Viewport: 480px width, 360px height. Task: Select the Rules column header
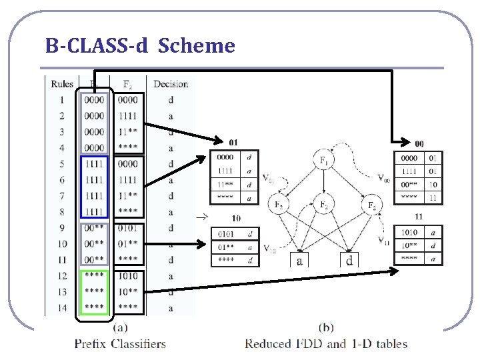coord(62,84)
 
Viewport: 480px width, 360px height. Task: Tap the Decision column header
coord(171,84)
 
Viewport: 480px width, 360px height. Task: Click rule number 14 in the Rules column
coord(62,308)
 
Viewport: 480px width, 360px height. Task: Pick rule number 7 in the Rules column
coord(62,196)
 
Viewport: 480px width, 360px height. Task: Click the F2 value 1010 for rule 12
coord(128,276)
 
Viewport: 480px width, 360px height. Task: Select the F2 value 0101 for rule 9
coord(128,228)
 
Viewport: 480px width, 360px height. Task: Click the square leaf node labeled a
coord(299,261)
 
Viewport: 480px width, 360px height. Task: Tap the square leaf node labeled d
coord(349,261)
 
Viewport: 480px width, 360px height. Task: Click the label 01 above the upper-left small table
coord(233,143)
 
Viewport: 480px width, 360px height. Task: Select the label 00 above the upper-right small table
coord(419,143)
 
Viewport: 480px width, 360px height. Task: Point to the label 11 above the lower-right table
coord(418,217)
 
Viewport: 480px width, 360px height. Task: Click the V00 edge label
coord(383,178)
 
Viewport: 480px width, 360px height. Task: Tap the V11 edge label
coord(384,241)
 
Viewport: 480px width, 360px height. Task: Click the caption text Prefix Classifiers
coord(120,344)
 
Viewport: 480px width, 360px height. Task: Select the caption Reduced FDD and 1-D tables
coord(326,344)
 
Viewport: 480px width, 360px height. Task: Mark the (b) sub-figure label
coord(327,328)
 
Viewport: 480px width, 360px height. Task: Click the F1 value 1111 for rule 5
coord(94,164)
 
